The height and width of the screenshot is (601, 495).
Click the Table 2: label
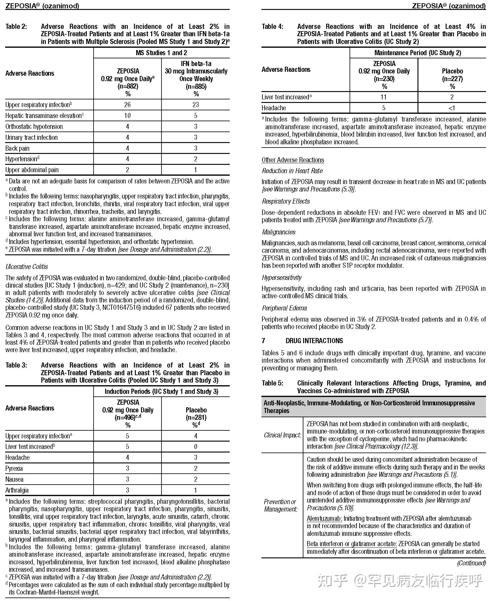point(16,27)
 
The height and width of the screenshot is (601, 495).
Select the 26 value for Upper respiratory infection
point(127,105)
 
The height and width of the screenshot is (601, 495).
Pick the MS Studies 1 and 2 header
point(161,53)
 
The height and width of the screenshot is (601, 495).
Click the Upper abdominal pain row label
point(32,170)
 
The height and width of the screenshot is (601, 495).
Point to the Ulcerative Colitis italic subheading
point(27,267)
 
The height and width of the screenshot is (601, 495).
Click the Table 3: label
point(16,365)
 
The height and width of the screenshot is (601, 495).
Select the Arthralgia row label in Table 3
point(17,490)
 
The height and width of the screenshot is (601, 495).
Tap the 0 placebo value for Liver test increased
point(196,447)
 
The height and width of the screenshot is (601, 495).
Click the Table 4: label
point(273,27)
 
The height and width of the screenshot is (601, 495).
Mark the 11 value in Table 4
point(384,97)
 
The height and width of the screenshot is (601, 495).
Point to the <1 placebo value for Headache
point(452,108)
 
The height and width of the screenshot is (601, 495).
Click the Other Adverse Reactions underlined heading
point(293,160)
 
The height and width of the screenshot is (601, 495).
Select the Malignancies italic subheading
point(278,232)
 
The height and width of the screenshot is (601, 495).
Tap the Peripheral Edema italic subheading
point(284,308)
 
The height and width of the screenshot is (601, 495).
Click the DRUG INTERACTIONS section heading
point(314,341)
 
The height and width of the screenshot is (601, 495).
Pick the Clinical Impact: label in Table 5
point(282,435)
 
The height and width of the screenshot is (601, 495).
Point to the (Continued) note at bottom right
point(471,563)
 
